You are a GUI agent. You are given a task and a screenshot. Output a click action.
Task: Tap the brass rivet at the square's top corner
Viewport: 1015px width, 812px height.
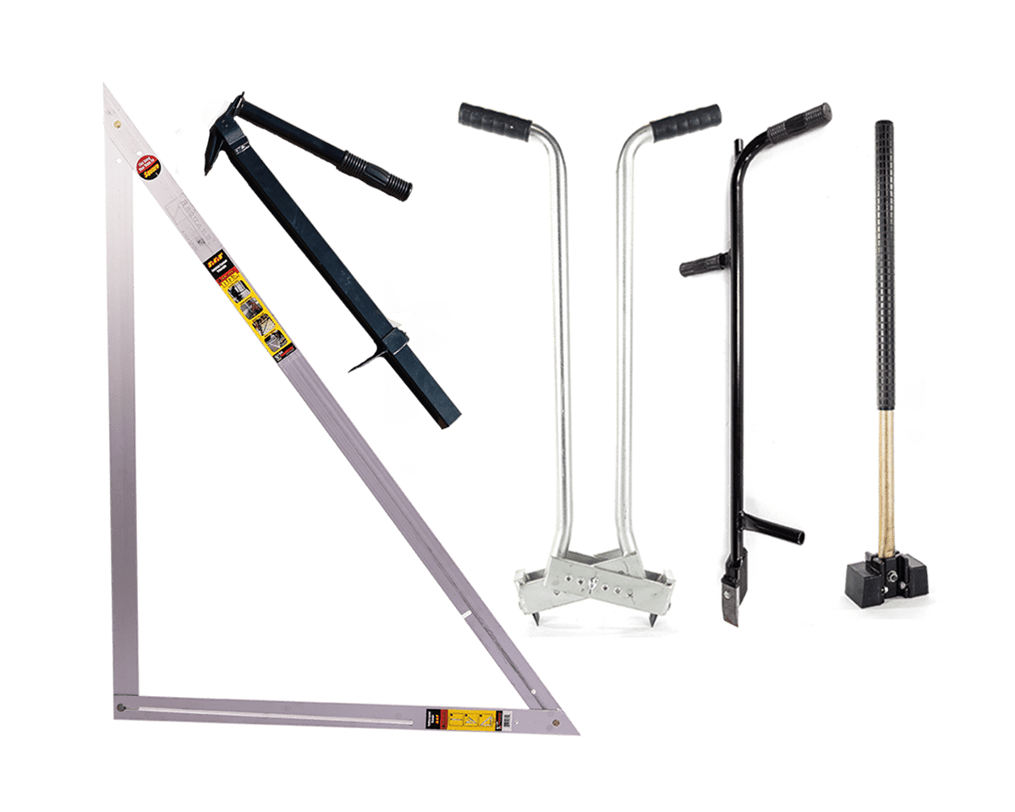(117, 124)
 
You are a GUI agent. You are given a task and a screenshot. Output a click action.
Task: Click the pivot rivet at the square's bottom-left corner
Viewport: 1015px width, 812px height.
(122, 706)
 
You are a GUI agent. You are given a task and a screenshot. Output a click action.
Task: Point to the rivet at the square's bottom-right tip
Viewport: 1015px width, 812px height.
(554, 724)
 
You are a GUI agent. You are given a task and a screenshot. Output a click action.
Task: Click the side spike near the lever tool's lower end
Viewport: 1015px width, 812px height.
(365, 363)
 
